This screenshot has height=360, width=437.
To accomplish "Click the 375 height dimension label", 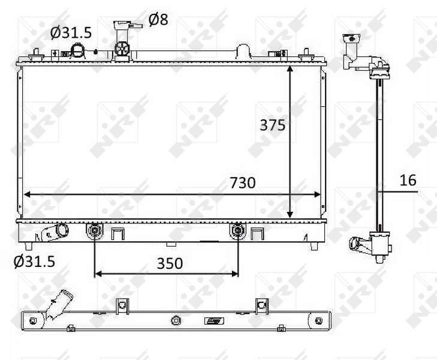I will (x=272, y=125).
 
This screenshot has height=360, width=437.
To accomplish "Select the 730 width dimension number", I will (x=242, y=183).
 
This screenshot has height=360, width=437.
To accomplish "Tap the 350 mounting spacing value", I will (x=170, y=263).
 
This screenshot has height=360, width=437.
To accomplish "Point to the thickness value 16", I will (x=408, y=180).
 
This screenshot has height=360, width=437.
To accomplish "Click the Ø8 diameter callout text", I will (x=158, y=20).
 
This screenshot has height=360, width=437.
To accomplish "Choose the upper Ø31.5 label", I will (x=71, y=32).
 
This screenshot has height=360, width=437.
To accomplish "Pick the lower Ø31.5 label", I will (x=34, y=262).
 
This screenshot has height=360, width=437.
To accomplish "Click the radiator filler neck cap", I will (x=123, y=25).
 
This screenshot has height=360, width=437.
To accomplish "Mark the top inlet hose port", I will (x=79, y=50).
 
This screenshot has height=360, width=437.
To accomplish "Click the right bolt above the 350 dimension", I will (x=238, y=230).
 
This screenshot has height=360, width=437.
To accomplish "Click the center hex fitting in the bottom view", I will (x=176, y=320).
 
